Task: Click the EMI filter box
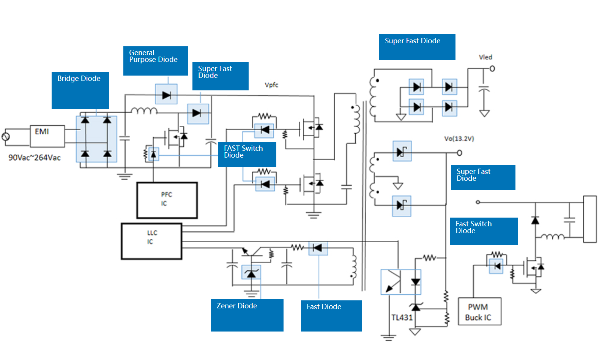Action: click(x=47, y=136)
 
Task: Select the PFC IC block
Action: click(x=167, y=200)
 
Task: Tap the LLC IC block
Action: click(x=151, y=241)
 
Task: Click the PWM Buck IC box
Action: click(x=479, y=311)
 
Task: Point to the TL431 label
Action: click(x=402, y=317)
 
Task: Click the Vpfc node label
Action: click(x=271, y=85)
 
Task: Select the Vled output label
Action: click(x=485, y=57)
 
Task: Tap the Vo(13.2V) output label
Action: click(x=459, y=139)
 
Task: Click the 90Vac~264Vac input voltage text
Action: click(x=35, y=158)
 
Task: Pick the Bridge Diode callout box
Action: click(x=80, y=90)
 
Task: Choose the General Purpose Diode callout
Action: click(x=155, y=61)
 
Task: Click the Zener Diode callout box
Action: click(x=247, y=315)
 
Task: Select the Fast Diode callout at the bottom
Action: click(x=331, y=316)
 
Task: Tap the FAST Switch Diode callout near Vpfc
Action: click(x=247, y=154)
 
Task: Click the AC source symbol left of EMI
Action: click(x=6, y=137)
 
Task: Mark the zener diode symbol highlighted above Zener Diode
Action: click(x=251, y=272)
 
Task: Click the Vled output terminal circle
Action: click(x=492, y=69)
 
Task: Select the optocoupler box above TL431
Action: click(x=401, y=282)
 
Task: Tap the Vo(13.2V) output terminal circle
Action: click(x=459, y=153)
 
